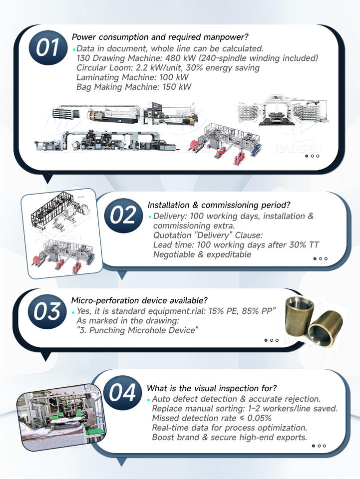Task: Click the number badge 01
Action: point(48,48)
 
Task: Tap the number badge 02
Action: point(123,216)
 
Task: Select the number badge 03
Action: point(47,311)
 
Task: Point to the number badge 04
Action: point(122,393)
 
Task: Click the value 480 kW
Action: point(183,58)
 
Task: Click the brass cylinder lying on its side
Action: point(325,329)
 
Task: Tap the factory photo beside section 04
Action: point(61,417)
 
